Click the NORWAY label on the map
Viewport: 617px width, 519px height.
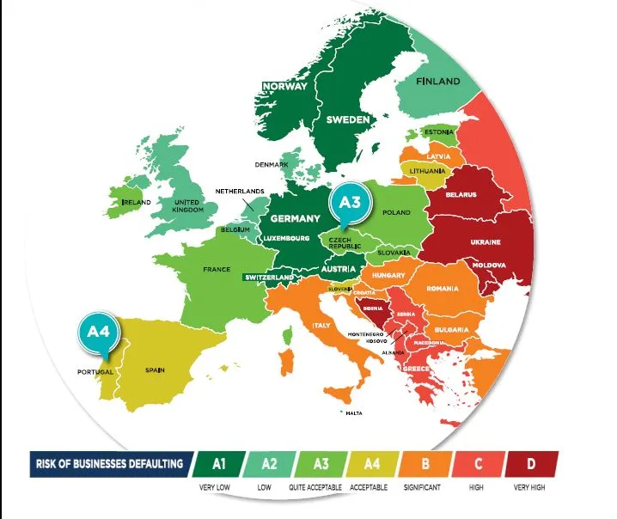pos(284,86)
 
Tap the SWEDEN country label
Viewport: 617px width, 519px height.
pos(348,119)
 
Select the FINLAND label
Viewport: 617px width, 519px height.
pos(438,82)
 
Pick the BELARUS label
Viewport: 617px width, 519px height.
pos(461,195)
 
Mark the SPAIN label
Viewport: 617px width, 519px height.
pos(155,370)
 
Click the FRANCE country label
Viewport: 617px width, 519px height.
pos(217,269)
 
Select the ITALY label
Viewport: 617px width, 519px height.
pos(321,326)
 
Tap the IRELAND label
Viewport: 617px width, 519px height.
pos(137,202)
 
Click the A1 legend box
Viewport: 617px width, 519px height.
pos(219,464)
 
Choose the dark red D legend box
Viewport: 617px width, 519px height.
pos(530,464)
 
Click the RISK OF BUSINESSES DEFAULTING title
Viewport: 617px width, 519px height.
pos(109,464)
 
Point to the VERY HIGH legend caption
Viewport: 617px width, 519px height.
pos(530,487)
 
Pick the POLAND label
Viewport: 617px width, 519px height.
pos(396,212)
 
